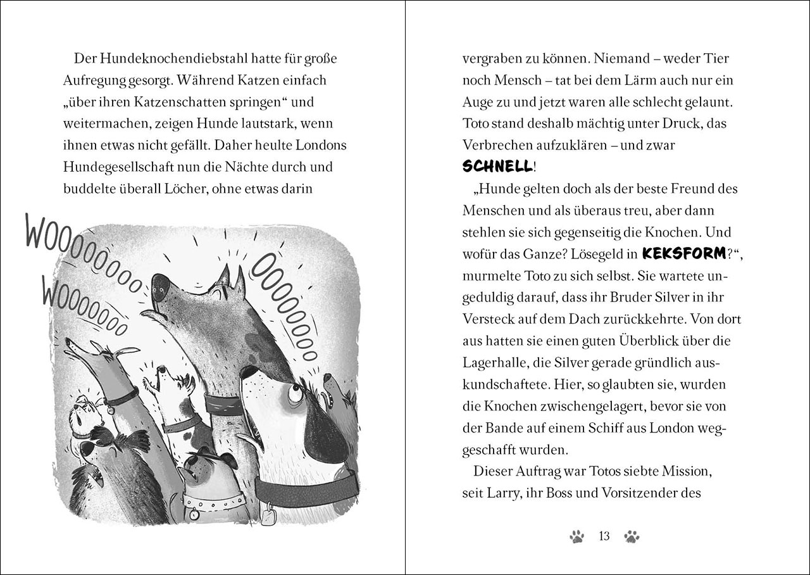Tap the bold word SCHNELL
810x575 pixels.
click(497, 167)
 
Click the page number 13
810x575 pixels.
click(604, 536)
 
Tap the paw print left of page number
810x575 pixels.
click(576, 536)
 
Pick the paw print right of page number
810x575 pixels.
click(632, 536)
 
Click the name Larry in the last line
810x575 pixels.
click(501, 493)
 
